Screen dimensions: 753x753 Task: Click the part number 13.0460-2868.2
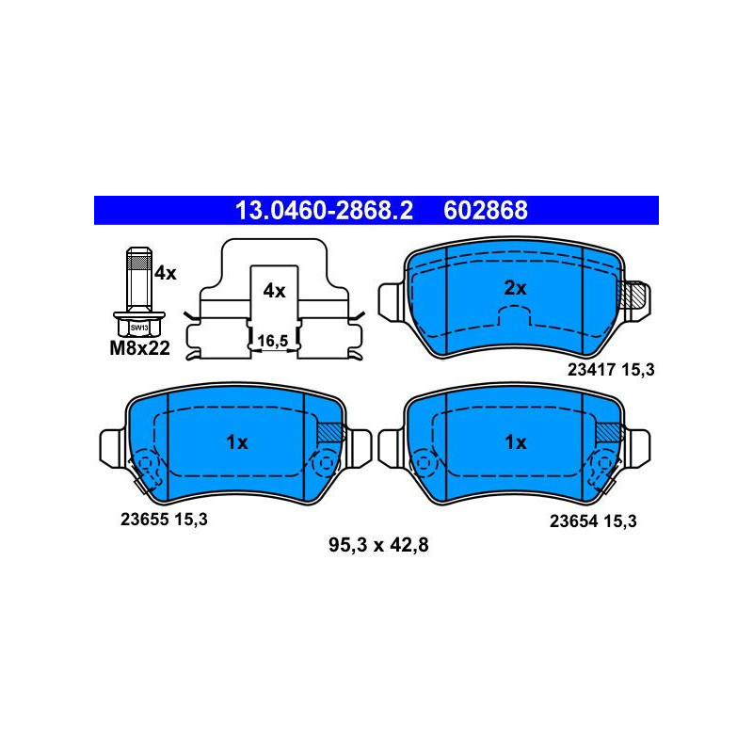pos(324,210)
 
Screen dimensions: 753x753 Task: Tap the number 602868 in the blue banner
pos(486,210)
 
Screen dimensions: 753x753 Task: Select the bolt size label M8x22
pos(139,348)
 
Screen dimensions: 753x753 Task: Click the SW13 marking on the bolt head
pos(139,328)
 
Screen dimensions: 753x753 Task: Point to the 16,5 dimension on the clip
pos(273,341)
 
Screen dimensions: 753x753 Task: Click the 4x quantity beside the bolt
pos(166,273)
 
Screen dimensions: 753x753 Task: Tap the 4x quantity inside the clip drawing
pos(274,291)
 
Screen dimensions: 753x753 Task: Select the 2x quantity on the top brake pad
pos(515,288)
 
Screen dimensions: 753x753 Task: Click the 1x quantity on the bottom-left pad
pos(237,442)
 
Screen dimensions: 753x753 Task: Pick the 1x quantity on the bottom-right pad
pos(516,442)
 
